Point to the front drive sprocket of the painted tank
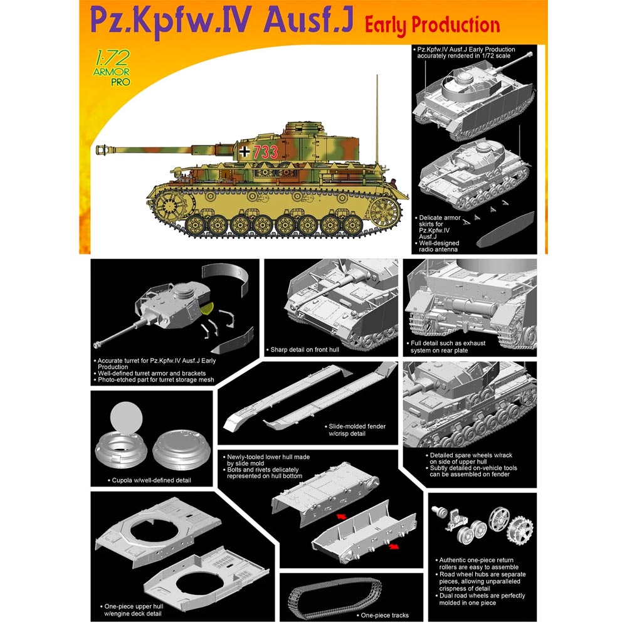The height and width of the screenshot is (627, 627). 166,203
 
